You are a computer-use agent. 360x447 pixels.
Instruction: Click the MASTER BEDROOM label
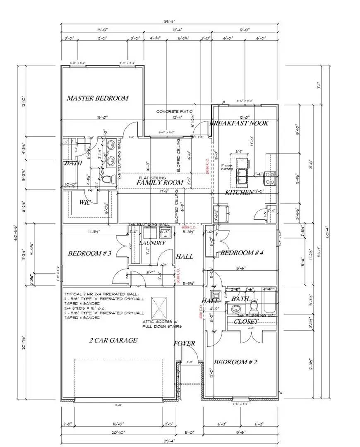coord(98,99)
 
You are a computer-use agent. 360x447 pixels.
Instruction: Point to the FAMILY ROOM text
coord(160,183)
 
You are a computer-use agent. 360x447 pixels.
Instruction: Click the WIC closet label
coord(85,202)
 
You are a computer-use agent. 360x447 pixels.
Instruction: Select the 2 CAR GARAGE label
coord(113,341)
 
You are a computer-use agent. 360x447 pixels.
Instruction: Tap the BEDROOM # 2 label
coord(235,362)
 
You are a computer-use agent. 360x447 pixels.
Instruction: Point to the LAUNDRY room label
coord(153,243)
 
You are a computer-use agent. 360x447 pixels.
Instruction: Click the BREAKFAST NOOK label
coord(239,123)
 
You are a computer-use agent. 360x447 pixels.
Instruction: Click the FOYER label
coord(185,344)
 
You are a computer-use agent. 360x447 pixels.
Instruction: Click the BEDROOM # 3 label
coord(90,253)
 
